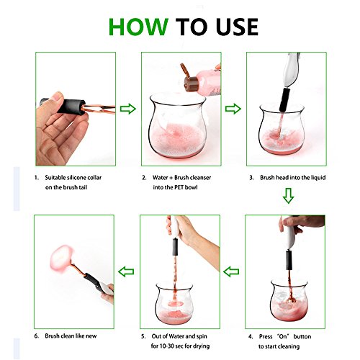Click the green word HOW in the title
pos(138,27)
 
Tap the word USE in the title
pos(237,27)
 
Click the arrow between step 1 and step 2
pos(128,109)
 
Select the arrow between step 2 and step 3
pos(233,109)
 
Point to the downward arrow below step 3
pos(288,196)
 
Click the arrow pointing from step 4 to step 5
pos(231,271)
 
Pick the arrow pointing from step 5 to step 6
pos(126,271)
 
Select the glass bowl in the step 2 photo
pos(177,125)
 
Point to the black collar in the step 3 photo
pos(284,100)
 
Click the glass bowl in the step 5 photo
pos(174,304)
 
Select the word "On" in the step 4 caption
pos(283,336)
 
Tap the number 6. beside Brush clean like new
pos(37,336)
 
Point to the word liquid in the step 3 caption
pos(318,178)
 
